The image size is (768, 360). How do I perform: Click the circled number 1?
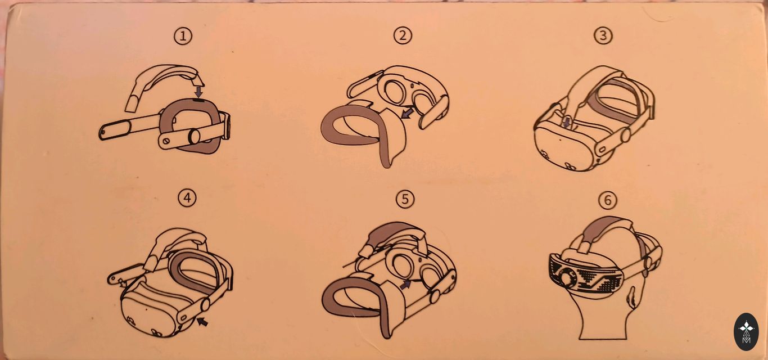(183, 35)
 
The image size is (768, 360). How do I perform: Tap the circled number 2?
(403, 35)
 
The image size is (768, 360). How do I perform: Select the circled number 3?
(603, 35)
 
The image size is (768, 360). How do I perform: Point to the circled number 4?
(187, 198)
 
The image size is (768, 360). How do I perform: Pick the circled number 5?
(405, 199)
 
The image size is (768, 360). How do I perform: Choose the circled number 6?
(607, 200)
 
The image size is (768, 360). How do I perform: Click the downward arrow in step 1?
(198, 91)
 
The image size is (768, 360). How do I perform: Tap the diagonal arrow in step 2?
(407, 113)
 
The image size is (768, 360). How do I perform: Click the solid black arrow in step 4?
(202, 321)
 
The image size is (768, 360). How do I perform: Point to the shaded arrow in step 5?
(405, 284)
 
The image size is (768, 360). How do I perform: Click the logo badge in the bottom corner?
(746, 331)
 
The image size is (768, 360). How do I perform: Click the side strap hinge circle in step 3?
(626, 135)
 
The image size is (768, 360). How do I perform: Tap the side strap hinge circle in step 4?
(205, 304)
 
